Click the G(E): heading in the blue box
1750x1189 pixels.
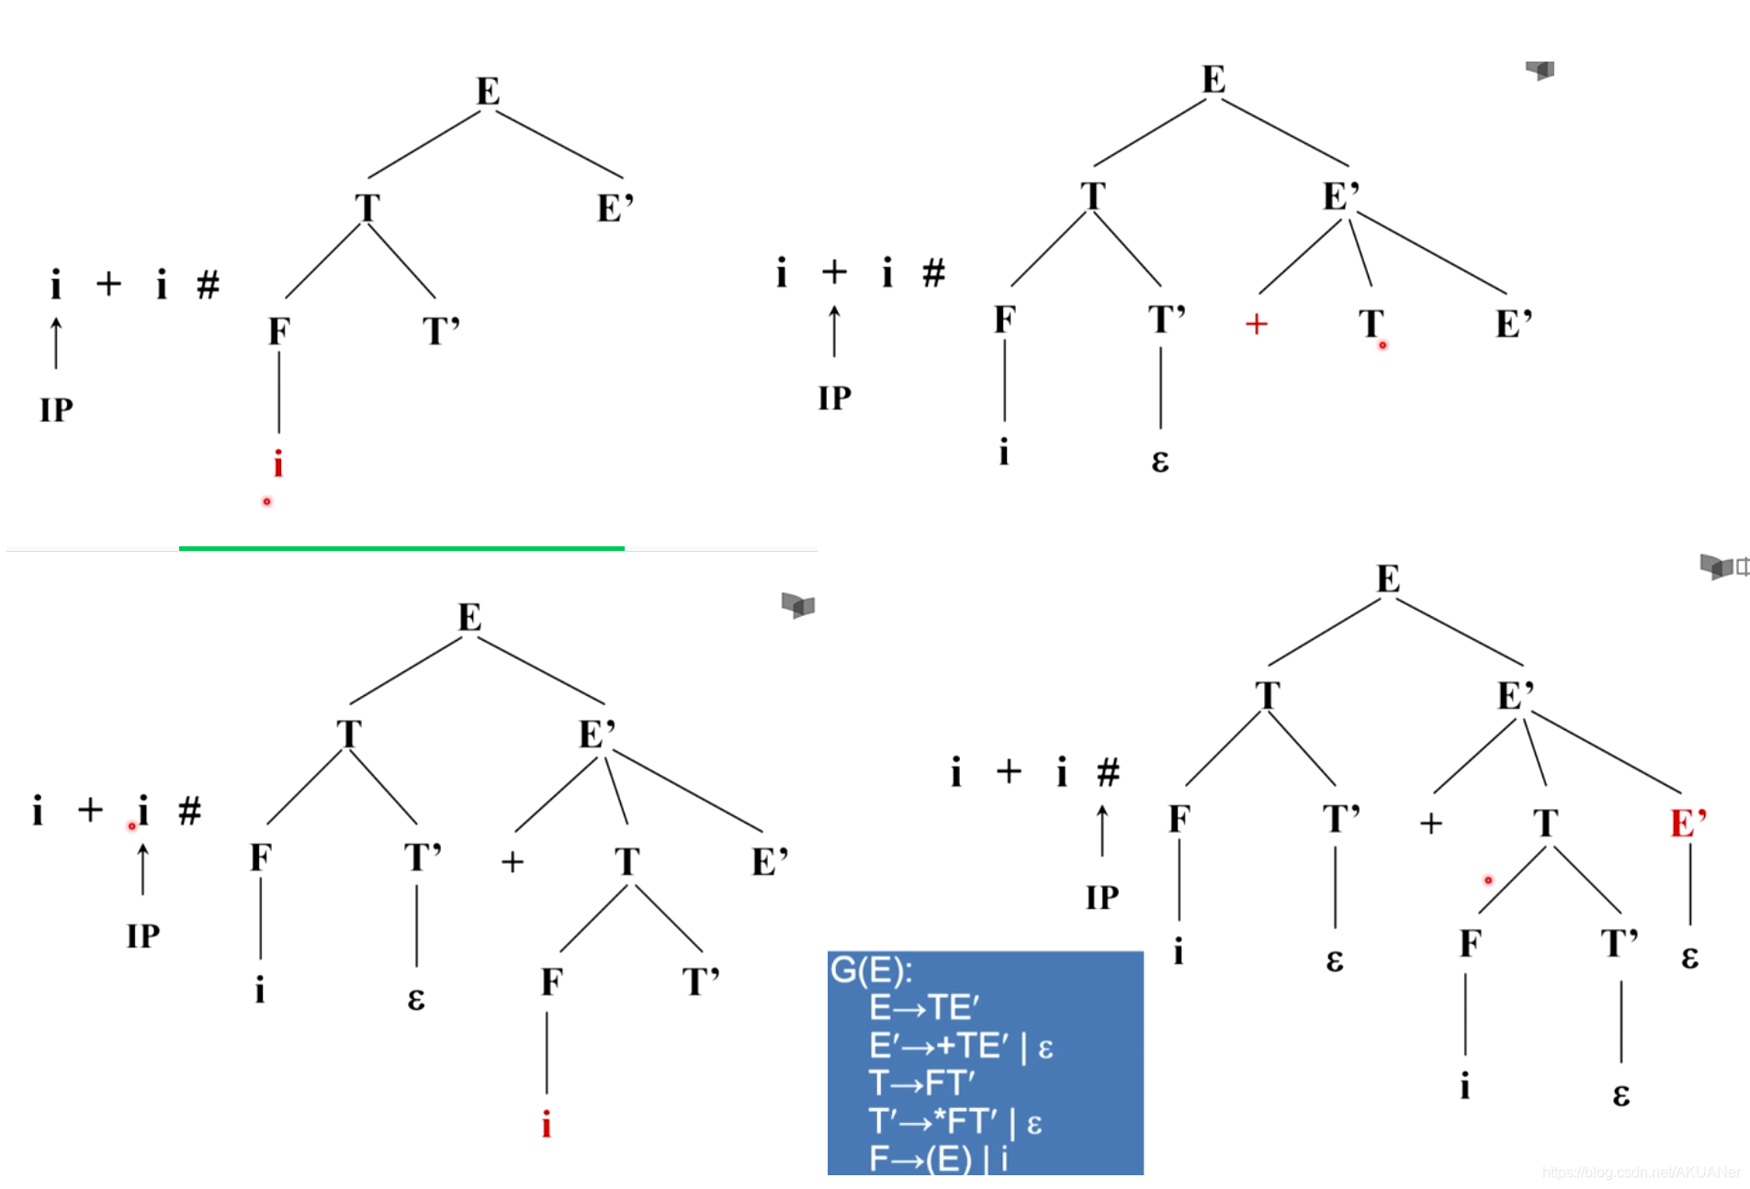tap(871, 970)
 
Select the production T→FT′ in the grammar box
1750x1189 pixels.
tap(921, 1083)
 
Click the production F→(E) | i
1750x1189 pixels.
tap(938, 1159)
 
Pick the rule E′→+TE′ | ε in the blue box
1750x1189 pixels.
tap(961, 1047)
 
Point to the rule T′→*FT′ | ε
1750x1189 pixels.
tap(955, 1121)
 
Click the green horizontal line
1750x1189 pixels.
tap(401, 548)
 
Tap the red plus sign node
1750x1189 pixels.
tap(1256, 324)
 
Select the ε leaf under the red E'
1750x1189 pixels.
tap(1689, 957)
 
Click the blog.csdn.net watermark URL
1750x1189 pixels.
tap(1641, 1172)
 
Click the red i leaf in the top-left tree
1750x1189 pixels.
tap(278, 464)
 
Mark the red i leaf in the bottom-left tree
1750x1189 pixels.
tap(547, 1124)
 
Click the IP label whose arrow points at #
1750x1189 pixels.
tap(1102, 897)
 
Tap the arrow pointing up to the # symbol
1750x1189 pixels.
tap(1102, 830)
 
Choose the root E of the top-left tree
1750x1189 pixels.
tap(488, 91)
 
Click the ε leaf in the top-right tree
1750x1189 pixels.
tap(1160, 459)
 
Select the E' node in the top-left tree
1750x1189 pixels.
tap(615, 208)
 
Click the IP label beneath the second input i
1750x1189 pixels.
tap(143, 936)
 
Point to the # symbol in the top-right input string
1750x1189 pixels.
tap(933, 273)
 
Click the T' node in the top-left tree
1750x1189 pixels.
tap(441, 331)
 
